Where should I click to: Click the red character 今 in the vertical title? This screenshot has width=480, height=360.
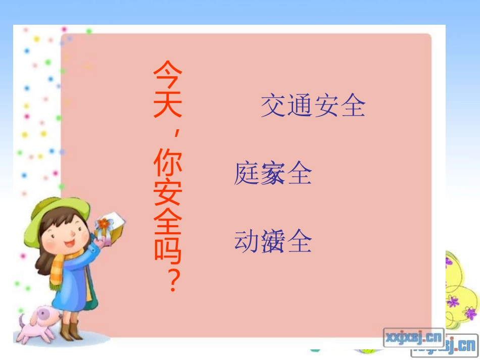pos(168,75)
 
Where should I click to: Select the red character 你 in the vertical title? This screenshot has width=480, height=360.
pos(168,162)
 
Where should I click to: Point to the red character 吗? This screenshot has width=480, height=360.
pos(168,251)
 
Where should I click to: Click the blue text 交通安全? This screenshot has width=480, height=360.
pos(313,106)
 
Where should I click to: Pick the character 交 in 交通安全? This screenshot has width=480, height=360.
pos(273,106)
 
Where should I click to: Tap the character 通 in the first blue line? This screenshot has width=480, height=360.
pos(300,106)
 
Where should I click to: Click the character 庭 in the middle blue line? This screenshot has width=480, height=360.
pos(247,174)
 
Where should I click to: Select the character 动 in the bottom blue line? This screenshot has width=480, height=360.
pos(247,241)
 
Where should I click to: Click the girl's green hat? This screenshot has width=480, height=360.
pos(56,212)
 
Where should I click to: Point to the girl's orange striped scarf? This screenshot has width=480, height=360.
pos(60,268)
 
